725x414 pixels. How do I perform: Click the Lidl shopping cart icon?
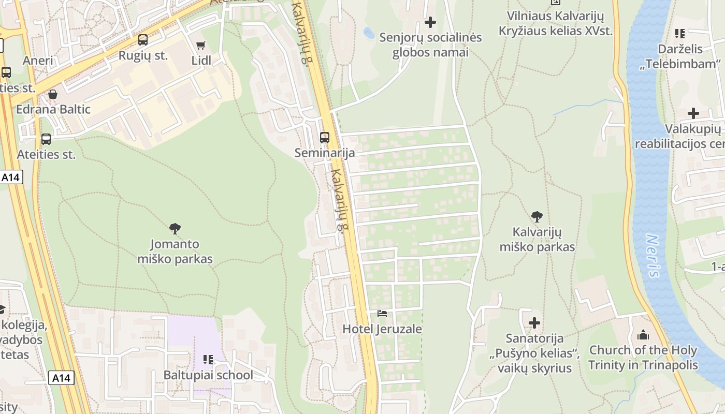click(201, 45)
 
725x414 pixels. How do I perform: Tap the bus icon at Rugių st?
click(142, 40)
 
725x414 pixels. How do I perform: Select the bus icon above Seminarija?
click(325, 138)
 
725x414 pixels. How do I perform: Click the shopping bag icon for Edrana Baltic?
click(52, 94)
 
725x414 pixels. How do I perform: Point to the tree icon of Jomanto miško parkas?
click(175, 228)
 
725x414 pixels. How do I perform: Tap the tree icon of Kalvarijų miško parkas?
click(537, 216)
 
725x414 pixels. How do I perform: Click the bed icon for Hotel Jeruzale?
click(382, 314)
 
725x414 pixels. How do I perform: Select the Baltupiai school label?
click(208, 375)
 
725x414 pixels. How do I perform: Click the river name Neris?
click(654, 256)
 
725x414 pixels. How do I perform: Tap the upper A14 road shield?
click(10, 178)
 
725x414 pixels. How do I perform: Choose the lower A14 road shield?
click(61, 378)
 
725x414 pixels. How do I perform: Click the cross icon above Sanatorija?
click(534, 323)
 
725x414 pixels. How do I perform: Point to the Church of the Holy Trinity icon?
click(643, 335)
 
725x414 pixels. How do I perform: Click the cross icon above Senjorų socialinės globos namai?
click(430, 22)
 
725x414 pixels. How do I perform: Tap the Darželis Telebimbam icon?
click(680, 34)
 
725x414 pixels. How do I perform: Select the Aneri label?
click(38, 61)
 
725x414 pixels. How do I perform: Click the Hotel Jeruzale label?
click(382, 329)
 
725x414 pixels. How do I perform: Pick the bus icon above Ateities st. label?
click(46, 139)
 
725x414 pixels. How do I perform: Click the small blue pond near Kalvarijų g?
click(369, 33)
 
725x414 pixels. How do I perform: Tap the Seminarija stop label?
click(325, 153)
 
